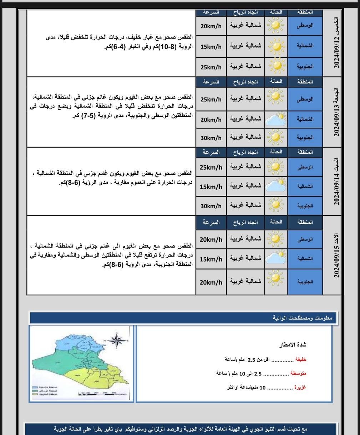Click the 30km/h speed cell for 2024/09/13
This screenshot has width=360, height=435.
click(x=211, y=138)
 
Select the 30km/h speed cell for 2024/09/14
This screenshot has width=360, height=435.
click(x=211, y=206)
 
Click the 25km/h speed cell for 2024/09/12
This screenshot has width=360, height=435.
click(x=211, y=67)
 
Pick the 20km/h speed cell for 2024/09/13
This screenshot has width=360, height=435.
click(x=211, y=119)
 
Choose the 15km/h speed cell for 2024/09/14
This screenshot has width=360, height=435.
click(x=211, y=187)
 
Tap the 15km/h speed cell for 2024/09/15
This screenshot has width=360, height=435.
click(x=211, y=259)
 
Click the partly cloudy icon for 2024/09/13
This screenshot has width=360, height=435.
click(x=276, y=119)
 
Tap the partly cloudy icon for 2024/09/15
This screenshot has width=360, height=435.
click(x=276, y=259)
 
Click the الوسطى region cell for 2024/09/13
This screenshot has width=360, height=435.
click(x=305, y=99)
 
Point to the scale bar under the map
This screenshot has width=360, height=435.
click(x=102, y=393)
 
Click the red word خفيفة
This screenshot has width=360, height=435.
click(x=300, y=359)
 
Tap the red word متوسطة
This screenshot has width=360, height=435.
click(x=298, y=373)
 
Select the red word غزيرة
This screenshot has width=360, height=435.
click(x=300, y=387)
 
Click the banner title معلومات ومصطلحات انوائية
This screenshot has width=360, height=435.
click(x=303, y=318)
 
